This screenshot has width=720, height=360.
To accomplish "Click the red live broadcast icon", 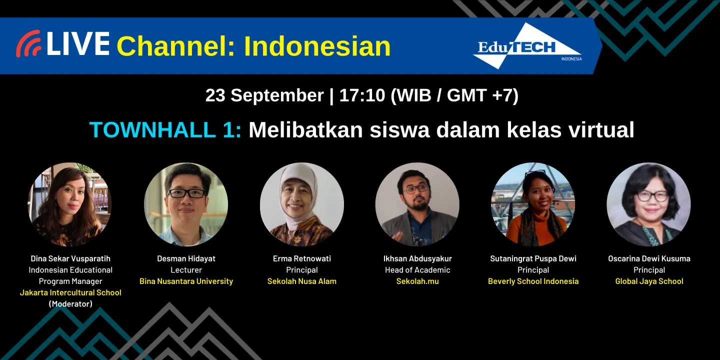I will (28, 44).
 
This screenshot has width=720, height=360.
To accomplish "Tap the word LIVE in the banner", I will (77, 44).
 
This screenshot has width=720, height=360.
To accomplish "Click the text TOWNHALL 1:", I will (165, 130).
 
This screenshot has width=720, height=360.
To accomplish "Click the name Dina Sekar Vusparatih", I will (70, 258).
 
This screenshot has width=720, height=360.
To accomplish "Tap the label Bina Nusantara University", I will (186, 281).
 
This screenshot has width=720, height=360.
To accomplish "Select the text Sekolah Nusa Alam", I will (302, 281).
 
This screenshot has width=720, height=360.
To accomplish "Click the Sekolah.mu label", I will (417, 281).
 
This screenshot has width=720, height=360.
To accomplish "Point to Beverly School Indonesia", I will (533, 281).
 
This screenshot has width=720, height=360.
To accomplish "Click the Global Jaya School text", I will (649, 281).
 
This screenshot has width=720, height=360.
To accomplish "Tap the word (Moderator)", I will (70, 303).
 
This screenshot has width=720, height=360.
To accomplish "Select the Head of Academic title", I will (417, 270).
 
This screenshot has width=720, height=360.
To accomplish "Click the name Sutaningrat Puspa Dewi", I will (533, 258).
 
